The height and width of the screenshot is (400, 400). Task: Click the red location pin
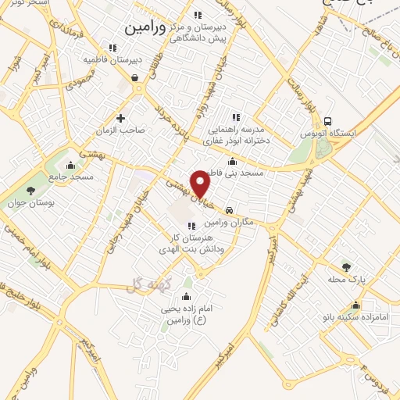[x=201, y=183]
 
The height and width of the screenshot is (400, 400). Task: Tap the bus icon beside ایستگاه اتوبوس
[x=327, y=122]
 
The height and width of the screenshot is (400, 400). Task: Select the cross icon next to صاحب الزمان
[x=120, y=118]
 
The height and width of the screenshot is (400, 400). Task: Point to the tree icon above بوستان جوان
[x=31, y=190]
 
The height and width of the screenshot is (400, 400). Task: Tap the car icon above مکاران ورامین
[x=228, y=211]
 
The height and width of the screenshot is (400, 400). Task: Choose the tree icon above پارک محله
[x=346, y=267]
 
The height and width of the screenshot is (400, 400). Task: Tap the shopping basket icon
[x=135, y=78]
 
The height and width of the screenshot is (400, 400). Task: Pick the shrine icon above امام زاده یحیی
[x=186, y=296]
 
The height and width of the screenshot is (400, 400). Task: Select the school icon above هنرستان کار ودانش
[x=192, y=226]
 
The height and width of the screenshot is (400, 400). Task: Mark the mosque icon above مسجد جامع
[x=71, y=165]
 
